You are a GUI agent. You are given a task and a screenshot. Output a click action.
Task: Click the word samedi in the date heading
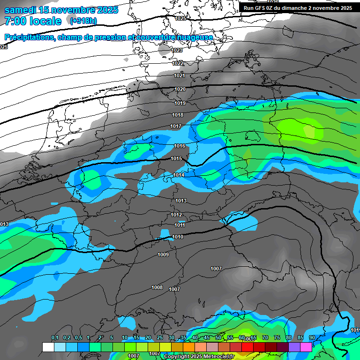pos(21,10)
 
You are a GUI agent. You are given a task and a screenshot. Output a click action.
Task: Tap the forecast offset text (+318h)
pos(83,21)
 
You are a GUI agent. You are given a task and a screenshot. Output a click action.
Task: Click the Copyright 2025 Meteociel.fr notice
pos(199,356)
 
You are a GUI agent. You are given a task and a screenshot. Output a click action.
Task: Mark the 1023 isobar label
pos(177,50)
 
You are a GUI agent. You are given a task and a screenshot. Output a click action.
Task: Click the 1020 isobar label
pos(180,89)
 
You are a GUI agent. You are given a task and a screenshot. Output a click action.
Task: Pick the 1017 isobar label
pos(176,126)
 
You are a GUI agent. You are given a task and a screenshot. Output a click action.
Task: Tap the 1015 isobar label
pos(176,159)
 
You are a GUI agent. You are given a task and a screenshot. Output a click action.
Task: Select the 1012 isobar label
pos(176,215)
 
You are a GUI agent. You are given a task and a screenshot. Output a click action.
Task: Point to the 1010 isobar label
pos(178,237)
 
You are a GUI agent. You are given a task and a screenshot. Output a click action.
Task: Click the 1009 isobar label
pos(163,255)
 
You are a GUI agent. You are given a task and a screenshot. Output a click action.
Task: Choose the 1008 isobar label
pos(157,287)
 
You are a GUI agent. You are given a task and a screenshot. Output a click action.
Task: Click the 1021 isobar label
pos(180,75)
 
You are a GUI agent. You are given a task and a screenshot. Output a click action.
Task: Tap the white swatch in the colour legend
pos(48,347)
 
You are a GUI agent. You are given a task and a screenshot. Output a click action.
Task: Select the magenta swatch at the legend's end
pos(306,347)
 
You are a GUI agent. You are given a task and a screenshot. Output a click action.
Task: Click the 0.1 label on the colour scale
pos(55,337)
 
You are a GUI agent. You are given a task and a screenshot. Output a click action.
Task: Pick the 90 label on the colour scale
pos(312,337)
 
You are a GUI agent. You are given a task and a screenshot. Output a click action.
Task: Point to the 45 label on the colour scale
pos(207,337)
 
